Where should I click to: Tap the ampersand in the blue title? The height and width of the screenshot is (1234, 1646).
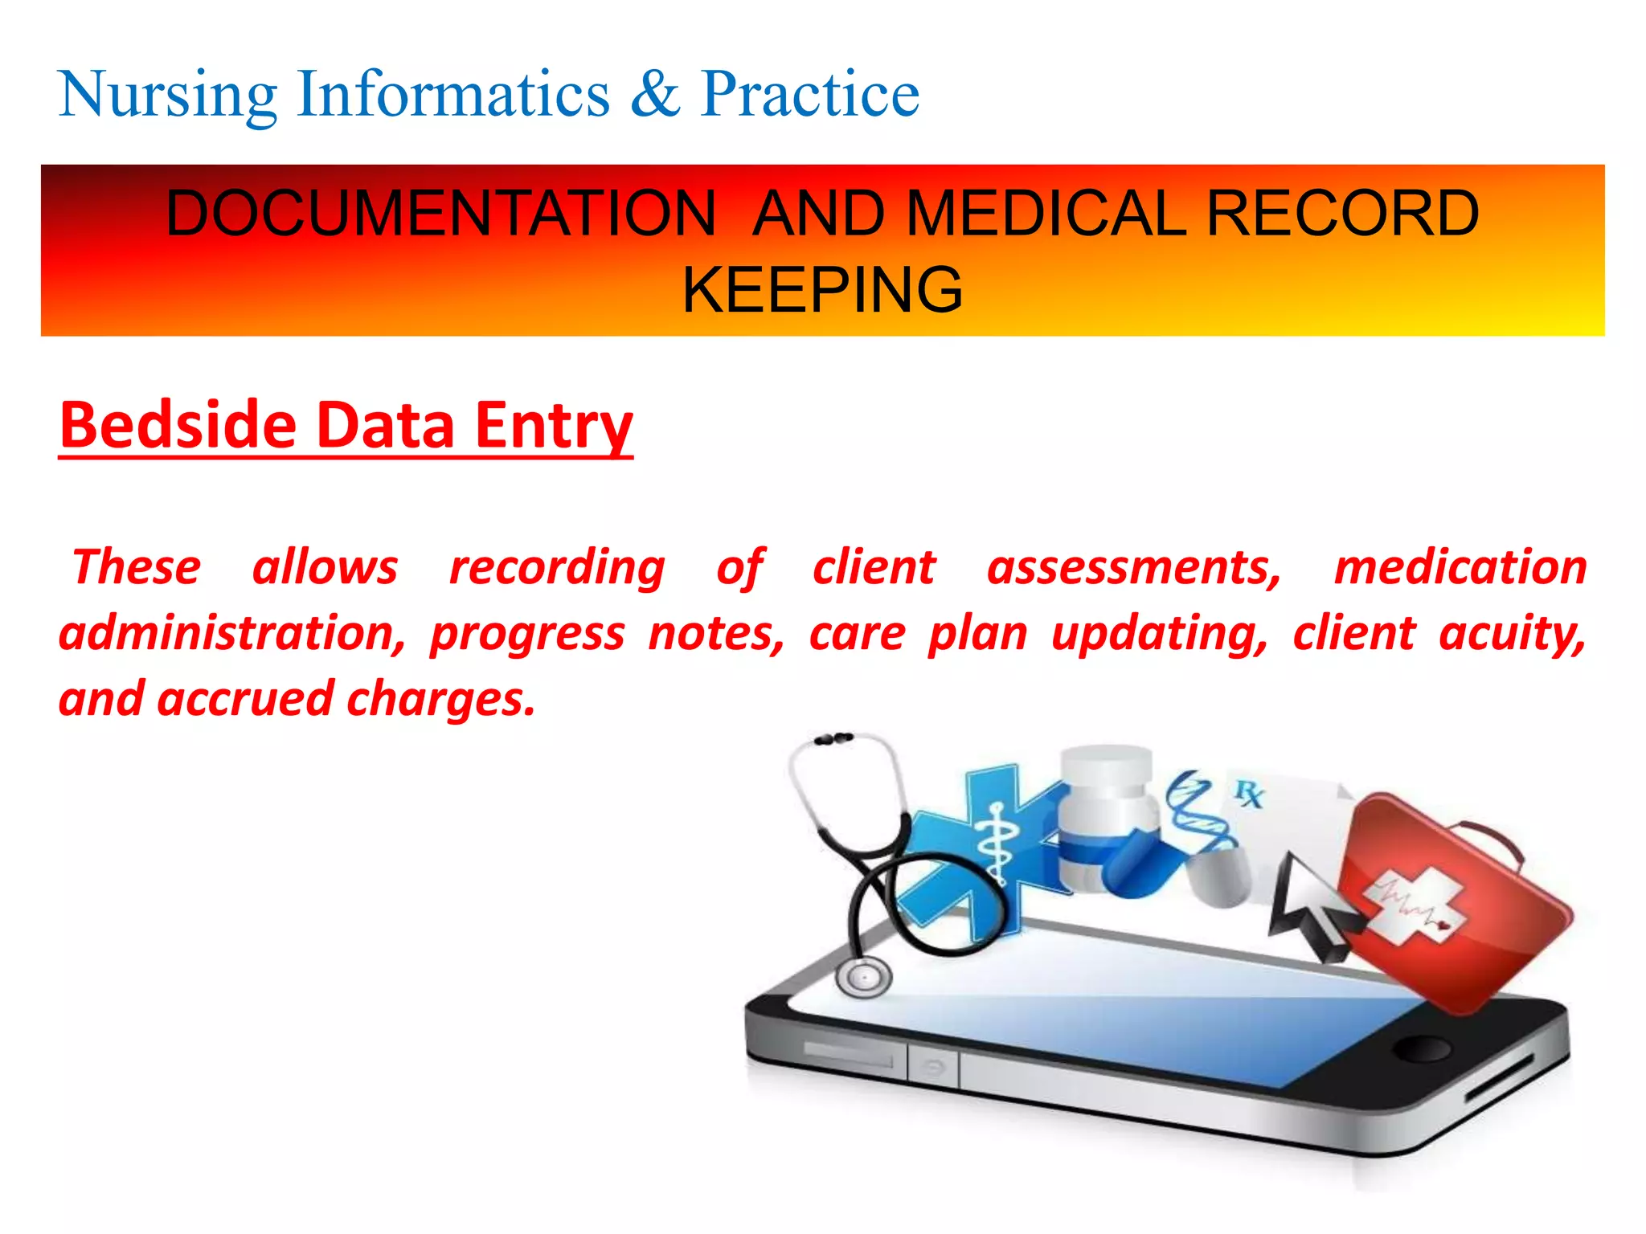point(654,94)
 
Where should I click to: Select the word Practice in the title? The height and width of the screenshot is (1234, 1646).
point(809,94)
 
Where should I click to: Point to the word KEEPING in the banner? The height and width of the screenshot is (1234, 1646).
point(822,289)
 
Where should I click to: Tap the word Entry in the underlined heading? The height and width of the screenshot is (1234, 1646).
point(554,426)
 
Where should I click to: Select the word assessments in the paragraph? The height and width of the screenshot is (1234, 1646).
point(1134,567)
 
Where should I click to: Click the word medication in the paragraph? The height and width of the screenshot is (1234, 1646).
point(1460,567)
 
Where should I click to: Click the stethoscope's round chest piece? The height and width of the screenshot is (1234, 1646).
point(864,977)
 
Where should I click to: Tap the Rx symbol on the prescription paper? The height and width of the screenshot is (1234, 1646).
point(1249,794)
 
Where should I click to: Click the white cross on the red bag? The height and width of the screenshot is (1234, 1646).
point(1412,909)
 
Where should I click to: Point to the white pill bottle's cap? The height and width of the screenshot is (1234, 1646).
point(1107,768)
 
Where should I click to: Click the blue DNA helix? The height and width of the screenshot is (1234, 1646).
point(1199,811)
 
